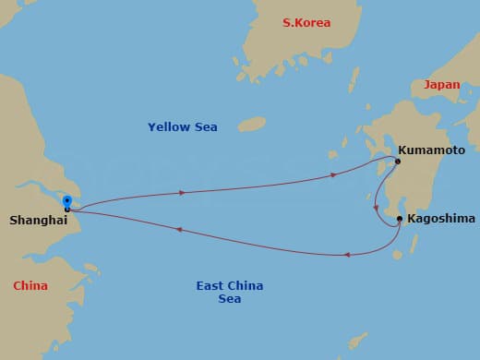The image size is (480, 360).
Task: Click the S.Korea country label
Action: click(x=306, y=22)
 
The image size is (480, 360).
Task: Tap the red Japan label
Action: click(x=441, y=84)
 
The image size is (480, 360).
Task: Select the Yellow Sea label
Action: click(x=183, y=126)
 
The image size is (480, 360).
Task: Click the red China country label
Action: click(x=30, y=285)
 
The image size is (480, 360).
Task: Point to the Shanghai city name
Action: click(x=37, y=221)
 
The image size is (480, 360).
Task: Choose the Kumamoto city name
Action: click(x=432, y=149)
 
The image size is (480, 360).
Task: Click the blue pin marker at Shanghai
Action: click(x=66, y=200)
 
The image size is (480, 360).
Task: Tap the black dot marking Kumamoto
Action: click(x=398, y=162)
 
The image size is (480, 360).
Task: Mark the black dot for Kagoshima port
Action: click(x=399, y=219)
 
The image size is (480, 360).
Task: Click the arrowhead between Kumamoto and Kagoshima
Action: click(x=377, y=207)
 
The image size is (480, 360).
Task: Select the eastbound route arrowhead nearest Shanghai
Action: click(x=183, y=192)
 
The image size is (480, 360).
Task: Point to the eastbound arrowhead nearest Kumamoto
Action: click(x=334, y=174)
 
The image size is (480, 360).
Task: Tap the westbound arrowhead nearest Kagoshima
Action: click(x=345, y=254)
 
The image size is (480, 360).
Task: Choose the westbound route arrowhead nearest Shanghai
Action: click(x=178, y=229)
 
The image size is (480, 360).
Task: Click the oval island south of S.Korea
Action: click(x=251, y=124)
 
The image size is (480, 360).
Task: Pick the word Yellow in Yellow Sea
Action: click(x=168, y=126)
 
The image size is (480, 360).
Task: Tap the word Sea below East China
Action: click(x=230, y=299)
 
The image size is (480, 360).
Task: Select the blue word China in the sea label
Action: click(x=246, y=285)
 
